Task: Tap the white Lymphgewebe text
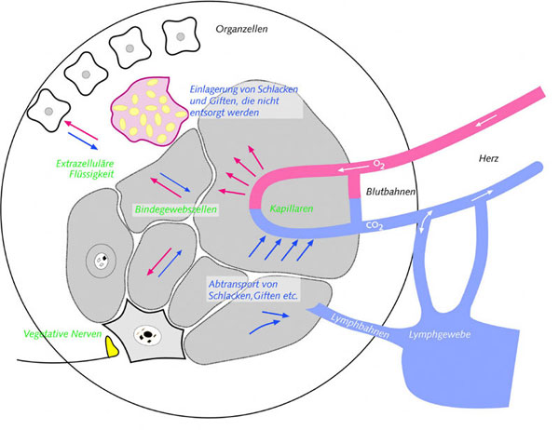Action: click(x=441, y=331)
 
